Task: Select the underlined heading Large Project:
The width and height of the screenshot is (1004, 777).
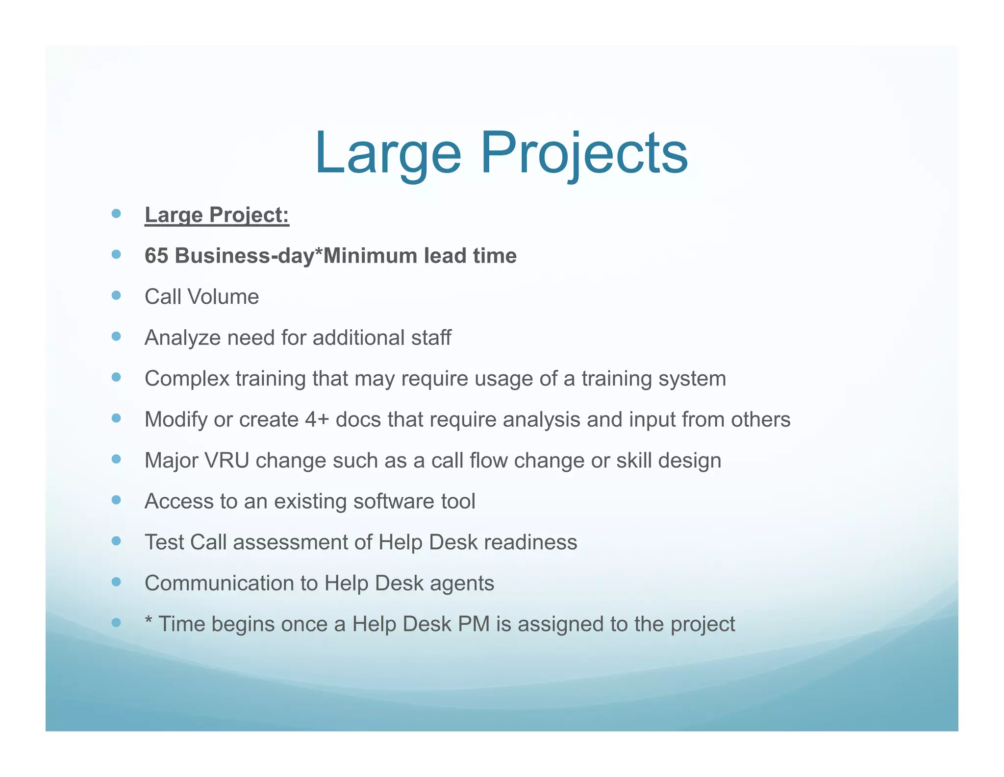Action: [x=217, y=215]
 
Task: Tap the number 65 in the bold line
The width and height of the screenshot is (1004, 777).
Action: [x=156, y=256]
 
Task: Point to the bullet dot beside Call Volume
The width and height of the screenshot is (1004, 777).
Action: [x=116, y=295]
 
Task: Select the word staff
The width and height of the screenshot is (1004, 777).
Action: [x=431, y=338]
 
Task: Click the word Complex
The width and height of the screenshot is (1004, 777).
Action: [x=187, y=379]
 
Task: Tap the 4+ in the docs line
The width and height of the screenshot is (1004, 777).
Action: [x=316, y=420]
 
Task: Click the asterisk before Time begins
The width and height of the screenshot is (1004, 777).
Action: [x=149, y=621]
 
